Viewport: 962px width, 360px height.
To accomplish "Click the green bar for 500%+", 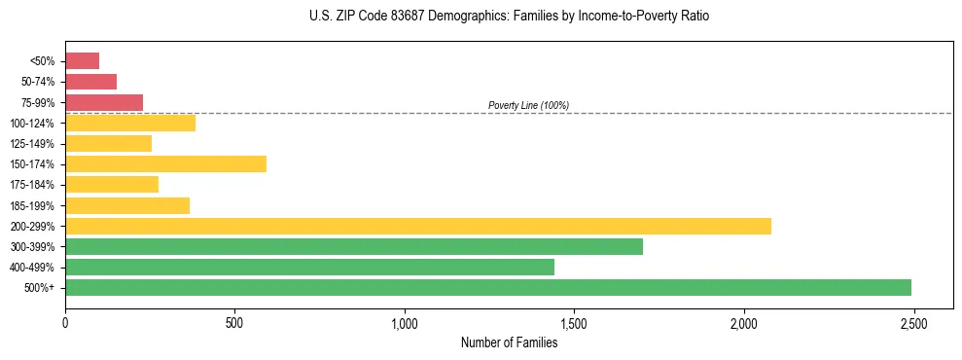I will click(x=487, y=287).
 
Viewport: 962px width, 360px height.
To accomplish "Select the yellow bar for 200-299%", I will click(x=417, y=226).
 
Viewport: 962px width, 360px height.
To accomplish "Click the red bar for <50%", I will click(x=82, y=61).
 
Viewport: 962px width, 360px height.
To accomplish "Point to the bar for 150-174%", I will click(x=165, y=164).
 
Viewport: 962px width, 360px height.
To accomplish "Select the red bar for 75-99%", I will click(x=104, y=102).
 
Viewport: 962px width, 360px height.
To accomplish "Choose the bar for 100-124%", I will click(x=130, y=124).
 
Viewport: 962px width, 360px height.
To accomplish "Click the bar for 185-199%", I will click(x=127, y=205).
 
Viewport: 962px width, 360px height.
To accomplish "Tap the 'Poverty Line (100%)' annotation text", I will click(x=528, y=105).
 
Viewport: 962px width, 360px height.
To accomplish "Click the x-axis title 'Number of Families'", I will click(x=509, y=342).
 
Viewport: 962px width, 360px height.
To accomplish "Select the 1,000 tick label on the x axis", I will click(x=404, y=323).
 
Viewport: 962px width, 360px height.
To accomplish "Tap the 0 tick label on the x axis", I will click(x=65, y=323).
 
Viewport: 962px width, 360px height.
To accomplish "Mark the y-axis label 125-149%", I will click(x=32, y=144).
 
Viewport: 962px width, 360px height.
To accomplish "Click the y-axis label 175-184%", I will click(x=32, y=185).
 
